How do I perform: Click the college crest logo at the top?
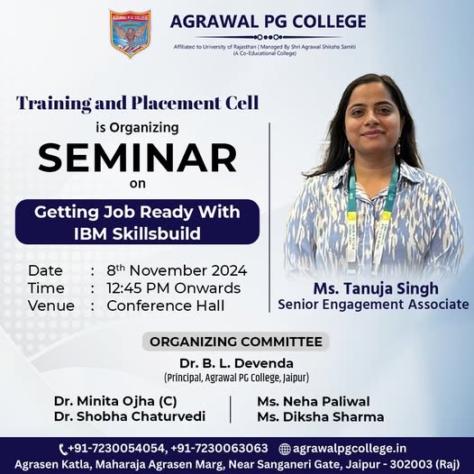[x=130, y=33]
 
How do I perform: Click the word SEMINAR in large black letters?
[x=138, y=158]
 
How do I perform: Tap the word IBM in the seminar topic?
[x=90, y=233]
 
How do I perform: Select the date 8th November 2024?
[x=177, y=270]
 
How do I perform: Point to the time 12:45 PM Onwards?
[x=174, y=288]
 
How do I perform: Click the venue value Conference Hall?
[x=166, y=305]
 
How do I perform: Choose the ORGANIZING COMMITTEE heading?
[x=236, y=342]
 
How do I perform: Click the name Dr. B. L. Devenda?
[x=236, y=363]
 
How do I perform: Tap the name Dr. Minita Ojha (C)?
[x=115, y=401]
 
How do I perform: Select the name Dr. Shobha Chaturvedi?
[x=130, y=416]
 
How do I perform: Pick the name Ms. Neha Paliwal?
[x=314, y=401]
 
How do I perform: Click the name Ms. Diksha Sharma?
[x=321, y=417]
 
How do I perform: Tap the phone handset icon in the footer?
[x=63, y=450]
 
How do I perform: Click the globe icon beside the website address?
[x=285, y=449]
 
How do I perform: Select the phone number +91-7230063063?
[x=220, y=448]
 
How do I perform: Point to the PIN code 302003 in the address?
[x=411, y=464]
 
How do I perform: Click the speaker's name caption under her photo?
[x=376, y=288]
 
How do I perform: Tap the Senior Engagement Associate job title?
[x=373, y=305]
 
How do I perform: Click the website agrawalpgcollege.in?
[x=350, y=449]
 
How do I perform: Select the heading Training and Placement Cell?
[x=138, y=103]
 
